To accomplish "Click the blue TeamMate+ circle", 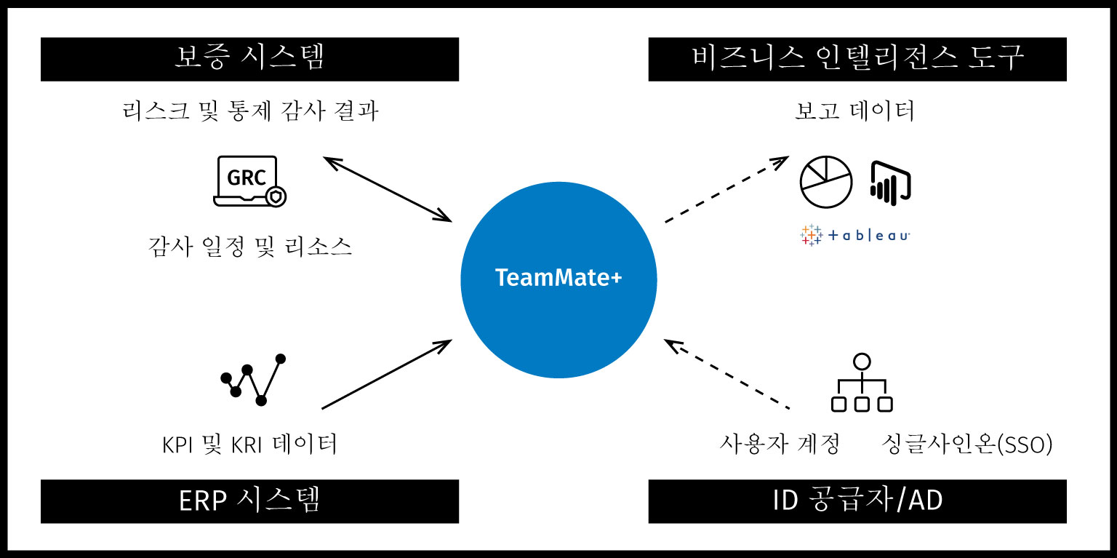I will tap(558, 279).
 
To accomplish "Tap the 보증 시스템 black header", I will tap(249, 59).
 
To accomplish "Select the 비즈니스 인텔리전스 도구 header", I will tap(857, 59).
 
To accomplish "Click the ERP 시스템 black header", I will tap(249, 501).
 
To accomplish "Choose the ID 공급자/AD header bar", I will tap(857, 501).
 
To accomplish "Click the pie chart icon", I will tap(825, 182).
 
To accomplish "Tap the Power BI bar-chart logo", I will tap(890, 182).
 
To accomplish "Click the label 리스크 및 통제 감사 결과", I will tap(250, 112).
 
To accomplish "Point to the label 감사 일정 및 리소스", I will tap(250, 247).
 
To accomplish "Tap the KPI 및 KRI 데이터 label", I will tap(250, 444).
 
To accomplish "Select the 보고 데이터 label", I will tap(854, 112).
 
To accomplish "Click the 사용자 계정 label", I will tap(780, 444).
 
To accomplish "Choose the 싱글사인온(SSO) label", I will tap(966, 444).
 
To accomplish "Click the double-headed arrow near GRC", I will tap(388, 188).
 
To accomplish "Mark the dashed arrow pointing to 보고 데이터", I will tap(726, 188).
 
